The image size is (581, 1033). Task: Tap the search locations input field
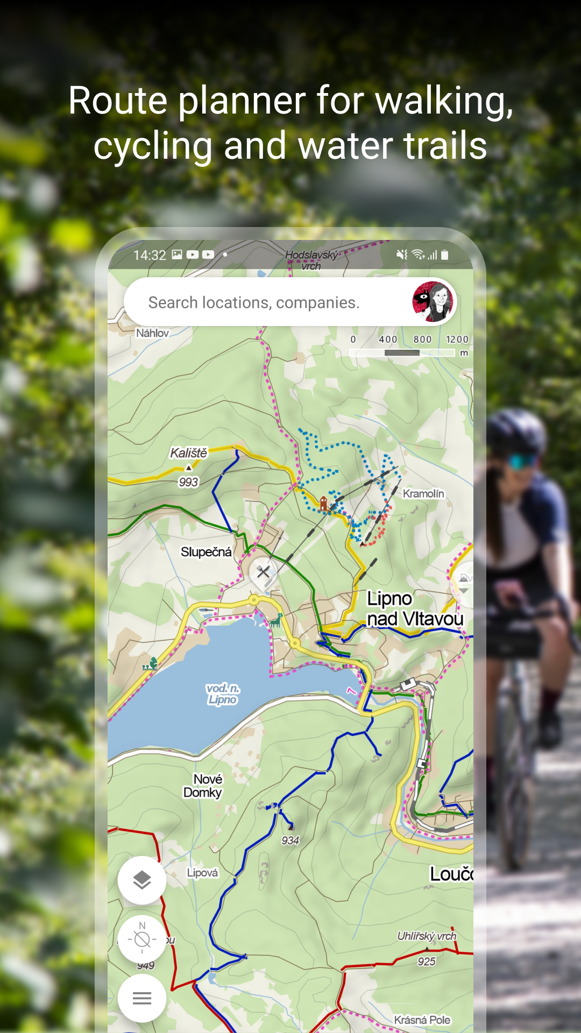click(253, 302)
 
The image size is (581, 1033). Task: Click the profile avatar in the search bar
click(434, 302)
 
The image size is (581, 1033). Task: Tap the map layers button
click(142, 880)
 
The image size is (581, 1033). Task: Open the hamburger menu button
click(142, 999)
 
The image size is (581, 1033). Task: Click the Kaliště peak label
click(188, 453)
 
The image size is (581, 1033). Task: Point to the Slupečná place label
click(206, 552)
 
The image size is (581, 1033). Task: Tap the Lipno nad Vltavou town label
click(414, 609)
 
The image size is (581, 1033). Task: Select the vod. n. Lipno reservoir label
click(223, 694)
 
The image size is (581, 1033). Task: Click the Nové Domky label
click(203, 786)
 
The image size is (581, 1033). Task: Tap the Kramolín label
click(423, 493)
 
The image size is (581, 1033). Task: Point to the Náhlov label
click(152, 333)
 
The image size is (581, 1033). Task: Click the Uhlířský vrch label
click(427, 936)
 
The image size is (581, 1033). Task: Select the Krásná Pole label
click(422, 1020)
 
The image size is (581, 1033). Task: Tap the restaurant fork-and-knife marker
click(263, 571)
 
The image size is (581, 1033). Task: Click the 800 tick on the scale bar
click(422, 339)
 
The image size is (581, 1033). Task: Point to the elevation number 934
click(290, 840)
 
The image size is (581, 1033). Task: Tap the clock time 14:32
click(150, 255)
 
